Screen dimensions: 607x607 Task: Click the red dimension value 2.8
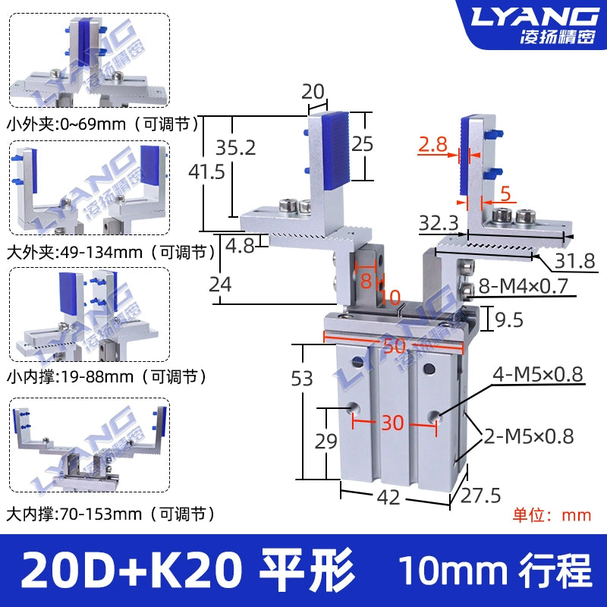(432, 144)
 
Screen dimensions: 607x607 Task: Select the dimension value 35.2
(236, 147)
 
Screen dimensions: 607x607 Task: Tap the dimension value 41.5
(206, 171)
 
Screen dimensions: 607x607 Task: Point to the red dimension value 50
(395, 345)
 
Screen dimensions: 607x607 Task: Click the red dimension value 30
(392, 423)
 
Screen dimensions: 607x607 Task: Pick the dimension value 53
(302, 378)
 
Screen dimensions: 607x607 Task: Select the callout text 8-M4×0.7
(523, 286)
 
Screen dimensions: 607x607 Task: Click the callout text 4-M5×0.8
(538, 374)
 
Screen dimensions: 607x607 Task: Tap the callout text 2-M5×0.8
(529, 436)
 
